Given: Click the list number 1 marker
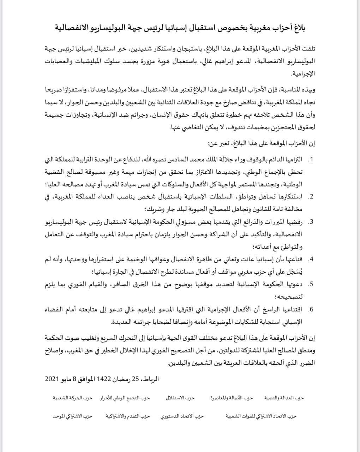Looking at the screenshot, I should pyautogui.click(x=311, y=160).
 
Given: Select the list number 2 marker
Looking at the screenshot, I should pyautogui.click(x=311, y=197).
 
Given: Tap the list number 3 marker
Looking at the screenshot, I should pyautogui.click(x=311, y=222).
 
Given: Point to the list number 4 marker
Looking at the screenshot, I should pyautogui.click(x=311, y=259).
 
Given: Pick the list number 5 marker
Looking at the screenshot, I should pyautogui.click(x=311, y=284).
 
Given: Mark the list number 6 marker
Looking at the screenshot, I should pyautogui.click(x=311, y=310).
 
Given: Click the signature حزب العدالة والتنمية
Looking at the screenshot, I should pyautogui.click(x=284, y=398).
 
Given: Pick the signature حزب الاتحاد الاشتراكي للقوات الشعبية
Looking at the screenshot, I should pyautogui.click(x=261, y=416).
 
